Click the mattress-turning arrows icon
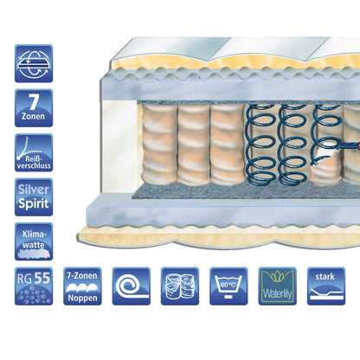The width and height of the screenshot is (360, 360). (x=34, y=63)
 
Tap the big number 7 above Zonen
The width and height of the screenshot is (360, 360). (x=34, y=101)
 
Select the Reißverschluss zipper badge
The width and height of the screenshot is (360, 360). (x=34, y=152)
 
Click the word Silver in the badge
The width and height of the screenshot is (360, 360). (x=34, y=190)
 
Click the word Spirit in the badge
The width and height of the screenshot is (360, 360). (x=34, y=203)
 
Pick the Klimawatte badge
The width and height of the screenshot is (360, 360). (x=34, y=241)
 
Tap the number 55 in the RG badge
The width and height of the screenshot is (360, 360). (x=42, y=278)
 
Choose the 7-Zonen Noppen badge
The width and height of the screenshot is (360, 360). (x=82, y=286)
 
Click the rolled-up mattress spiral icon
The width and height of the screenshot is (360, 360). (x=132, y=286)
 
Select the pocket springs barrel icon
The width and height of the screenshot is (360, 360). (x=180, y=286)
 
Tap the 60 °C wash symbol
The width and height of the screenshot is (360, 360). (x=228, y=286)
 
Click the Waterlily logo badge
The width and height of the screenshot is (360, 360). (x=278, y=286)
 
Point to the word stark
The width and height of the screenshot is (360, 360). (x=325, y=277)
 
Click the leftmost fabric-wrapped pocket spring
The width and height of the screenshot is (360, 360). (x=159, y=145)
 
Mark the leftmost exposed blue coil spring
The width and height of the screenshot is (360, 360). (x=260, y=145)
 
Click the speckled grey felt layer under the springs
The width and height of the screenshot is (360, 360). (x=245, y=191)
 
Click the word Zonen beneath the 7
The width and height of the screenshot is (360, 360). (x=33, y=117)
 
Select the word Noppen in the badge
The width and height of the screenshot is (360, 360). (x=82, y=299)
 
